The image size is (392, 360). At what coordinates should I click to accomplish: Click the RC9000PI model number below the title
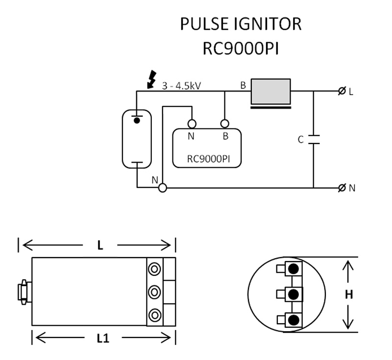(241, 49)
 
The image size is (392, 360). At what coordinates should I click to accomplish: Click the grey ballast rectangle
(270, 91)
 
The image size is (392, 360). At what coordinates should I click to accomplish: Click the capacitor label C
(300, 140)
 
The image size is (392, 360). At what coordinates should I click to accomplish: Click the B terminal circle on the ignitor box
(225, 123)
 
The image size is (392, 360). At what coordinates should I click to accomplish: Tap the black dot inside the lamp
(138, 120)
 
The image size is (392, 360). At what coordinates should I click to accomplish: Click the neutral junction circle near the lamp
(163, 188)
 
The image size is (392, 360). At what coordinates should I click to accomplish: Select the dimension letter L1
(102, 338)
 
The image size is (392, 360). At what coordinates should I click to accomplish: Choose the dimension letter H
(348, 295)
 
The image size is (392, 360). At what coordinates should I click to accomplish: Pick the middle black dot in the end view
(294, 294)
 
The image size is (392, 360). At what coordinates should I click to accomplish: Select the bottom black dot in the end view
(294, 320)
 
